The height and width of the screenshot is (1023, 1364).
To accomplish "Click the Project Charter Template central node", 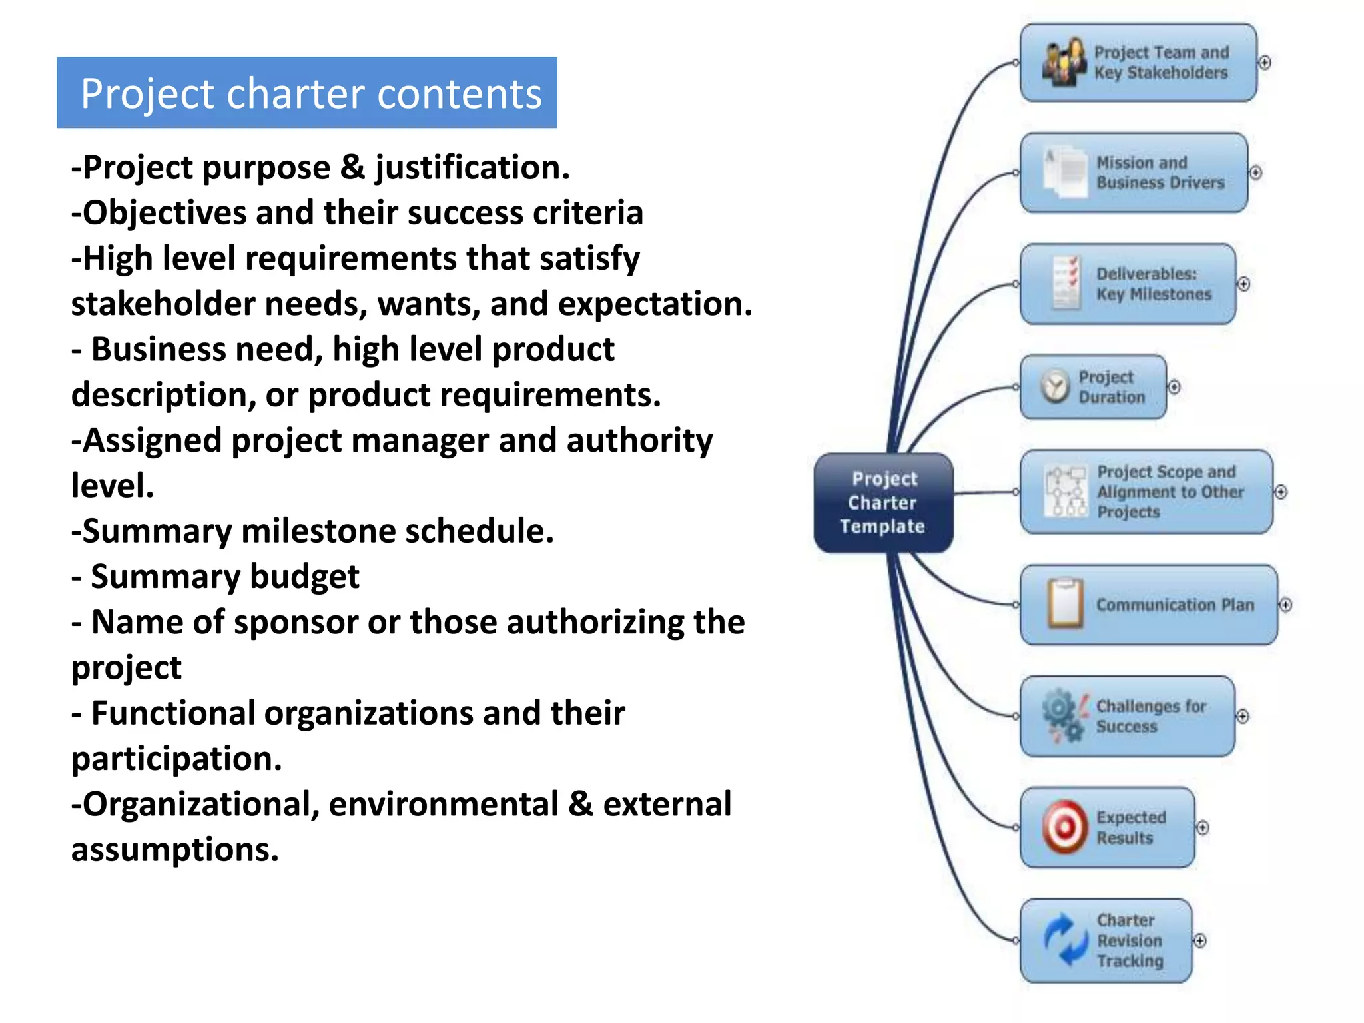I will pos(883,503).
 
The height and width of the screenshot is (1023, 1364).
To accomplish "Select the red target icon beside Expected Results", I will pos(1064,827).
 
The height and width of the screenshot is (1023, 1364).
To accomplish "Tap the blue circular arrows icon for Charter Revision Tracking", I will pos(1066,940).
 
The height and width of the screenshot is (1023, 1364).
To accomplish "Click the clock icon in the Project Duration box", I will pos(1055,386).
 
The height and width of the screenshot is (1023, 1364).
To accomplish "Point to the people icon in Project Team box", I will pos(1064,62).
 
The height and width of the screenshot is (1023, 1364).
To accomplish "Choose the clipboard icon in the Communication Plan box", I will pos(1065,603).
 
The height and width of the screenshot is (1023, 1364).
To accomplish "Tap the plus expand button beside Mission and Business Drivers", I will pos(1255,172).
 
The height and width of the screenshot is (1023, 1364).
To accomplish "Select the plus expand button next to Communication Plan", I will pos(1285,605).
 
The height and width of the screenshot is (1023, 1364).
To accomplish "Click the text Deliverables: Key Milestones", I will pos(1154,284).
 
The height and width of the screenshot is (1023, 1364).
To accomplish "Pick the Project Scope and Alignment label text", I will pos(1170,492).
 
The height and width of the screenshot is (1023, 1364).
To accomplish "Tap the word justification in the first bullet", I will pos(472,167).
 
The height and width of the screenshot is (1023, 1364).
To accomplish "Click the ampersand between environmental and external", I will pos(580,804).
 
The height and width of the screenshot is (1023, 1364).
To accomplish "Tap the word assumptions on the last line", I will pos(174,850).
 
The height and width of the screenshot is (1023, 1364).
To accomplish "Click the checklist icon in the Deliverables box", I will pos(1065,284).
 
